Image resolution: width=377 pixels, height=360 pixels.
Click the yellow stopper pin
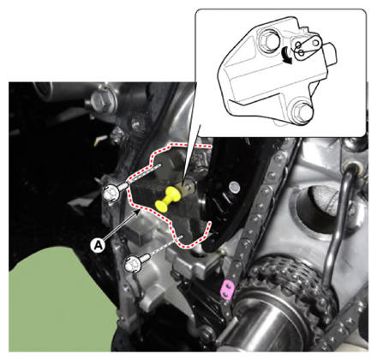[x=167, y=200]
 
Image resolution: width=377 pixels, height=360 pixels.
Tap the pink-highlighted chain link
[x=228, y=290]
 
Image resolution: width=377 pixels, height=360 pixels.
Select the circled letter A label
[x=98, y=245]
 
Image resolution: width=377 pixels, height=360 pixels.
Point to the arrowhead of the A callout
[x=138, y=211]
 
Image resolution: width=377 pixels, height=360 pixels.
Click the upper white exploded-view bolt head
[x=110, y=194]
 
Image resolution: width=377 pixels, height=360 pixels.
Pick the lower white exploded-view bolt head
[x=133, y=265]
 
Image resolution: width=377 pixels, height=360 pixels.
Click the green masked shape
[x=62, y=297]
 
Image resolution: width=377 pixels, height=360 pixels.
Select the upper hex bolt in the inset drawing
[x=267, y=41]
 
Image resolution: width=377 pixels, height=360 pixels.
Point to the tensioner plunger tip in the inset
[x=331, y=54]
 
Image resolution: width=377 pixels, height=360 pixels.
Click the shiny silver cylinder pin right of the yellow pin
[x=234, y=187]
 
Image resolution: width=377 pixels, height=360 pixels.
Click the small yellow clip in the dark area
[x=100, y=140]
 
